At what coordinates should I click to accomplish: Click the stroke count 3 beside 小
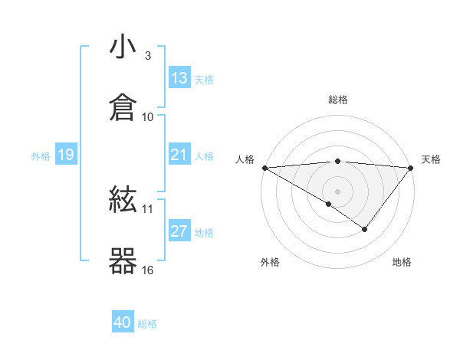point(147,56)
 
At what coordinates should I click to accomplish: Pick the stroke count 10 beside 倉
point(148,116)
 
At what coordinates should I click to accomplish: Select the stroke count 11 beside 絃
point(148,208)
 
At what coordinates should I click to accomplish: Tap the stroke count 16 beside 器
point(148,270)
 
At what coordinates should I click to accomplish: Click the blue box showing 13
point(179,78)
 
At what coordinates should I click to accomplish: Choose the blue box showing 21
point(179,155)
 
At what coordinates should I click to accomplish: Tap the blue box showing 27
point(179,232)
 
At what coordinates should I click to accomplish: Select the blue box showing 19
point(66,155)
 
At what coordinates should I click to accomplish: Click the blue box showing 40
point(123,323)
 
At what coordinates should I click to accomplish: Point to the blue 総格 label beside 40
point(148,324)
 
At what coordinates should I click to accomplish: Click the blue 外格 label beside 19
point(41,156)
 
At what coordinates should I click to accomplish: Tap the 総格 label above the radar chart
point(338,100)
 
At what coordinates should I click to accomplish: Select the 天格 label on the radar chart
point(431,159)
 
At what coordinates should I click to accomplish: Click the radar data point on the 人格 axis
point(264,168)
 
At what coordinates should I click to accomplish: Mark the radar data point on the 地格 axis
point(365,229)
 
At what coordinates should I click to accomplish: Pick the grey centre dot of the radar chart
point(337,191)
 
